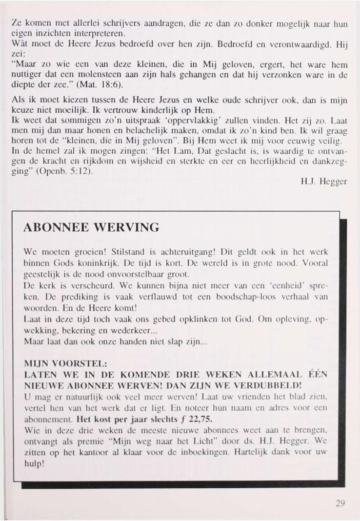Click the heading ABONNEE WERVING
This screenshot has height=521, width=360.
(x=91, y=228)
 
